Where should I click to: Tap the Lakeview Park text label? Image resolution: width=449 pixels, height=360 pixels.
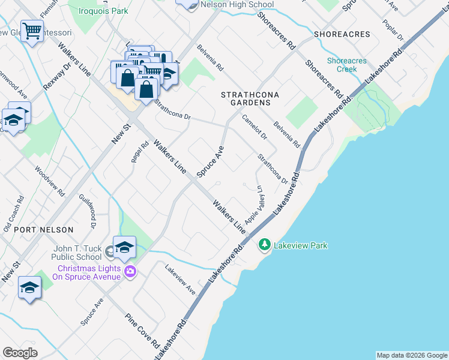[301, 245]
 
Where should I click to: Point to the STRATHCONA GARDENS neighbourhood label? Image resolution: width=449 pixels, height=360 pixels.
[246, 99]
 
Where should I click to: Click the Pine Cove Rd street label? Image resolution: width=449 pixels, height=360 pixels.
[142, 332]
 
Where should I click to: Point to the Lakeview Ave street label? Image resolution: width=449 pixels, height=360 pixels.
[181, 280]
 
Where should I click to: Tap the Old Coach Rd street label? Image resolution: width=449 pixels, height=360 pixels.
[13, 214]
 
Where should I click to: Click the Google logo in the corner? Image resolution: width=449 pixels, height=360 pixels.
[20, 353]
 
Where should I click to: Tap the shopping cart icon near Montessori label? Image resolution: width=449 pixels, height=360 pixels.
[32, 30]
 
